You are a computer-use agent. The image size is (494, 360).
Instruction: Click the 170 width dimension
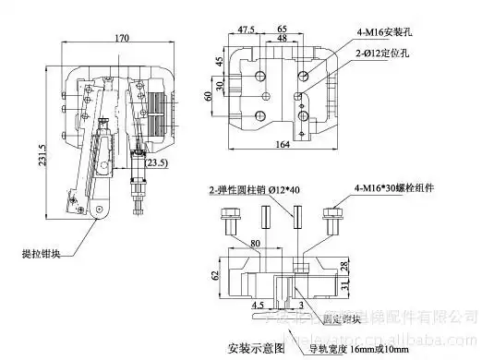pyautogui.click(x=122, y=39)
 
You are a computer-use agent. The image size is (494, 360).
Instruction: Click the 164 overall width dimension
pyautogui.click(x=283, y=144)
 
